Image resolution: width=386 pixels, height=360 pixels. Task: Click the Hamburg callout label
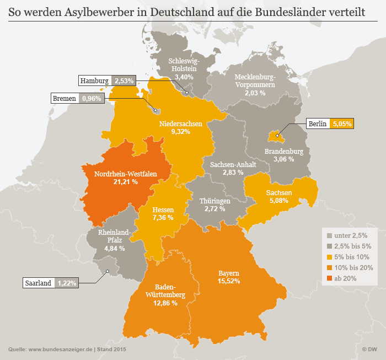pyautogui.click(x=95, y=80)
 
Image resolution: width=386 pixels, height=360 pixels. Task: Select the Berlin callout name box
pyautogui.click(x=318, y=123)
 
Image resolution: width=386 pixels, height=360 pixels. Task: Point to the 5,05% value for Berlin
pyautogui.click(x=341, y=123)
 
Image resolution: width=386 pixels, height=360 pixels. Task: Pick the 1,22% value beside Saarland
pyautogui.click(x=67, y=283)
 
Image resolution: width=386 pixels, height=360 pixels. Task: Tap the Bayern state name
pyautogui.click(x=228, y=273)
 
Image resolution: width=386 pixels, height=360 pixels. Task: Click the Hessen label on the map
pyautogui.click(x=163, y=210)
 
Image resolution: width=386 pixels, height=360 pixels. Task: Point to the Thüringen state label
pyautogui.click(x=215, y=201)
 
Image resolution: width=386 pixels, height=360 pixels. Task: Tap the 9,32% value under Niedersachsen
pyautogui.click(x=180, y=132)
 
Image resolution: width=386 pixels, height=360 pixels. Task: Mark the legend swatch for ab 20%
pyautogui.click(x=330, y=278)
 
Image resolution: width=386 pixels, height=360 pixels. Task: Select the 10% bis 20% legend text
pyautogui.click(x=355, y=267)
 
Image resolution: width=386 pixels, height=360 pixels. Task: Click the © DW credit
pyautogui.click(x=369, y=349)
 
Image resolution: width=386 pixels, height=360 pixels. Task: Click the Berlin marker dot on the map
pyautogui.click(x=277, y=135)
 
